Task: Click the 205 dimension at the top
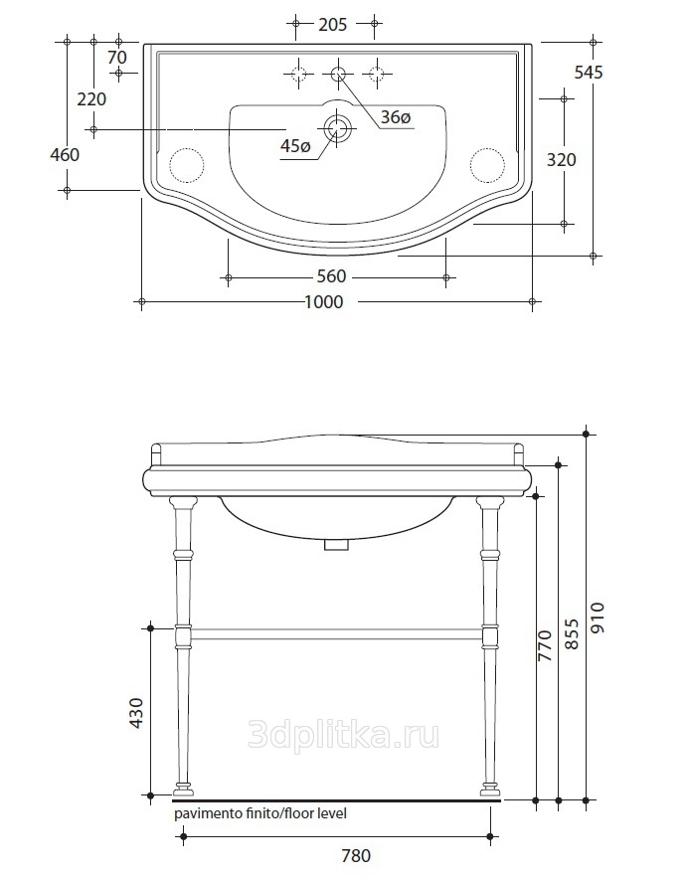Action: [x=333, y=24]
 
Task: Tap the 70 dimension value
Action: [x=116, y=58]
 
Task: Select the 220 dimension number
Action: [x=91, y=99]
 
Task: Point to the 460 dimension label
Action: [x=65, y=154]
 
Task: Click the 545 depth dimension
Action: [x=589, y=72]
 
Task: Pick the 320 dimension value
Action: [x=562, y=160]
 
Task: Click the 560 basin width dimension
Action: [x=332, y=276]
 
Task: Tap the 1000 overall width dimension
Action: [x=324, y=302]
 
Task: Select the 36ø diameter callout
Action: [x=396, y=117]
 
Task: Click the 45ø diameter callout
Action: [x=295, y=146]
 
